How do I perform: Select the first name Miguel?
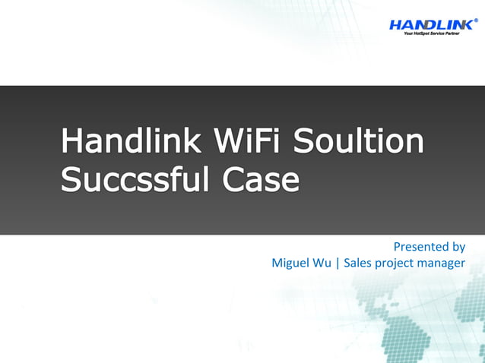[x=290, y=264]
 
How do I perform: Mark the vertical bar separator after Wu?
[x=337, y=264]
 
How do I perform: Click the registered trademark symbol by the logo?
[x=476, y=21]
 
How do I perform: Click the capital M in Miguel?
[x=277, y=264]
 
